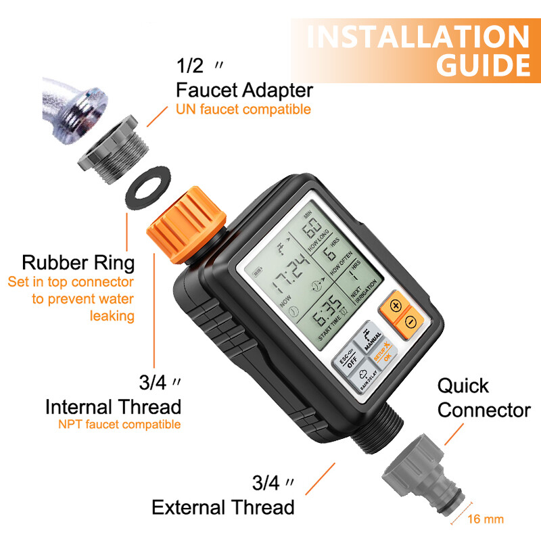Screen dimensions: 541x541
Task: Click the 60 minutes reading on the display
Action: [x=312, y=238]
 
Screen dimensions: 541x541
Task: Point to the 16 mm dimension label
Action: [x=485, y=519]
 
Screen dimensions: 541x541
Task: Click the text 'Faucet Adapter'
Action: [x=244, y=90]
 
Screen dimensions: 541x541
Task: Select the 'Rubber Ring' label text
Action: [x=78, y=262]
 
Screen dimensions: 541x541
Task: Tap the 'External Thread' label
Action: [x=222, y=507]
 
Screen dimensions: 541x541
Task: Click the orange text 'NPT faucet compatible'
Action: [x=119, y=425]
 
